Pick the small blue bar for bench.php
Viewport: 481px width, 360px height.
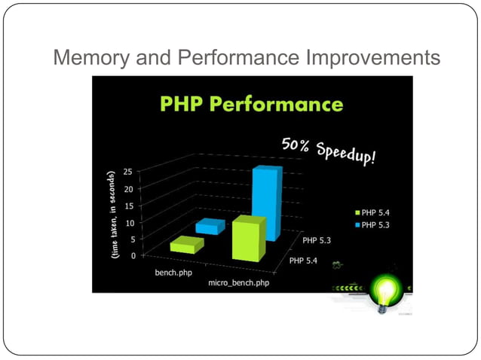pos(210,226)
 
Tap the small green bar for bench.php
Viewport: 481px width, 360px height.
pos(187,245)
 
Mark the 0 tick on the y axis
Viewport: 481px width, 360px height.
pos(133,256)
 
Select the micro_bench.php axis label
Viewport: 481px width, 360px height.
pos(238,284)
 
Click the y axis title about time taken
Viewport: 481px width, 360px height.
pos(112,215)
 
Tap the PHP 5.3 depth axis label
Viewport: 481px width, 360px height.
pos(320,241)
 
